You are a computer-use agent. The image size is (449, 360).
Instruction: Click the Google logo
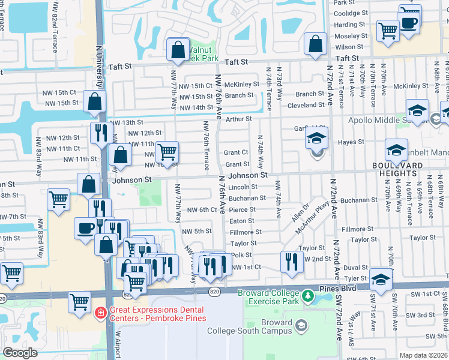click(x=20, y=353)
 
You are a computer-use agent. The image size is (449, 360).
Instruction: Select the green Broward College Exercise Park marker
click(x=308, y=296)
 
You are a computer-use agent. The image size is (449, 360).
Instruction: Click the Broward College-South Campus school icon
click(x=301, y=326)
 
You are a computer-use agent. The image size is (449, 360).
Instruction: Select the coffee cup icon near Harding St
click(x=409, y=23)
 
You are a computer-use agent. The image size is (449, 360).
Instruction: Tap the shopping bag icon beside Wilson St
click(x=315, y=44)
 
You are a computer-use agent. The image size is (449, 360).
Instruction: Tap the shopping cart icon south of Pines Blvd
click(x=80, y=303)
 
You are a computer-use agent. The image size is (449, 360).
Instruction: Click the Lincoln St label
click(x=243, y=187)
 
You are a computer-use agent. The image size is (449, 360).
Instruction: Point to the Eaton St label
click(x=243, y=221)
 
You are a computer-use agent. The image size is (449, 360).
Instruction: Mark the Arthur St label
click(x=238, y=119)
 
